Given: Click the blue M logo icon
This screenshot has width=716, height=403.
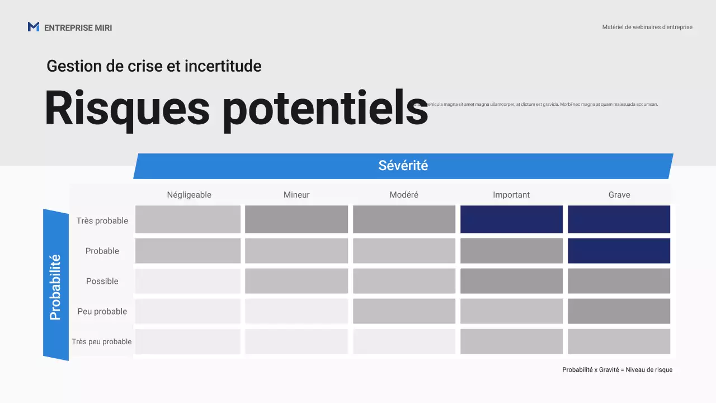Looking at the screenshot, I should (34, 27).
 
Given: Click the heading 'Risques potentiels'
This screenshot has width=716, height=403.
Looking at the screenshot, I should (236, 108).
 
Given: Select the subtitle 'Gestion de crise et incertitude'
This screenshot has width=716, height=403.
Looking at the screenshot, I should (154, 66).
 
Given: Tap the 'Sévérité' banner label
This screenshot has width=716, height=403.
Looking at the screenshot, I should (403, 166).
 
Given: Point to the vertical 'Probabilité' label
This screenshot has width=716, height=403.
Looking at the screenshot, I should (55, 287).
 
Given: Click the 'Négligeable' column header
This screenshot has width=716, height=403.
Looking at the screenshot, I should (189, 195).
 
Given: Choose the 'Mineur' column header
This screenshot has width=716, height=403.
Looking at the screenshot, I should (296, 195).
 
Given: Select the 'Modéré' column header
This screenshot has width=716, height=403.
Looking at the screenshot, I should (404, 195).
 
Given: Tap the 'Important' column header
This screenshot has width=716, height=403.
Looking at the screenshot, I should (511, 195).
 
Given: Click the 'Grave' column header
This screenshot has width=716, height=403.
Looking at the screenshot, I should (619, 195).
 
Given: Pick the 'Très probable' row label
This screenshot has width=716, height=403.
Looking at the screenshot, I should (102, 221).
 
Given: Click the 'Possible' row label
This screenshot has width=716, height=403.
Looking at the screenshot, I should (102, 281).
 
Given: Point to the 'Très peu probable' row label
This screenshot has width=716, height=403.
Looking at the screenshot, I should (102, 341).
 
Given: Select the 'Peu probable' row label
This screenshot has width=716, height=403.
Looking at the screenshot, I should (102, 311).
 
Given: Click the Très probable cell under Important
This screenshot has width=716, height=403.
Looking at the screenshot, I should (511, 219).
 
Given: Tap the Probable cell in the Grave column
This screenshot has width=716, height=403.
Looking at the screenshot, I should (619, 251).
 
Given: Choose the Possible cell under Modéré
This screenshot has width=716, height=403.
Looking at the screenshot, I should (404, 281).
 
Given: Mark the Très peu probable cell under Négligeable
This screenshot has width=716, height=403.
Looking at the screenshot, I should (188, 341).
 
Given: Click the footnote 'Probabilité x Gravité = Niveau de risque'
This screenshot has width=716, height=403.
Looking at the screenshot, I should (618, 369).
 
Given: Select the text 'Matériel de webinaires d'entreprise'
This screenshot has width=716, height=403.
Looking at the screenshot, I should (647, 27).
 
